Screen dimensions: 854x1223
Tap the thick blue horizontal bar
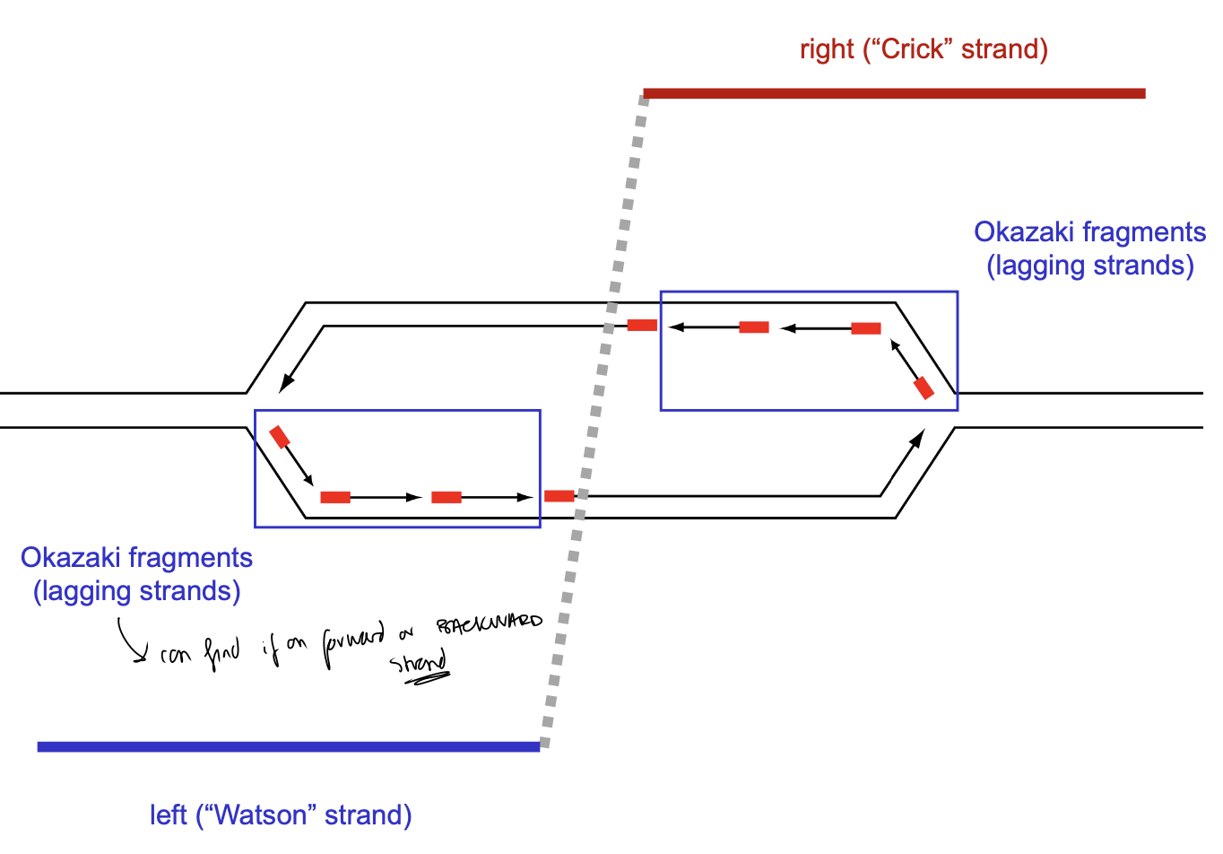pyautogui.click(x=288, y=746)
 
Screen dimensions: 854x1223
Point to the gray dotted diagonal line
pyautogui.click(x=592, y=422)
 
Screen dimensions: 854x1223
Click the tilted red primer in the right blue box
pyautogui.click(x=924, y=388)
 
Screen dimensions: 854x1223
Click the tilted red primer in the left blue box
pyautogui.click(x=280, y=437)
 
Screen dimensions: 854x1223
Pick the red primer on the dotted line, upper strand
pyautogui.click(x=642, y=325)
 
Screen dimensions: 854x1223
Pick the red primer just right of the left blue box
pyautogui.click(x=559, y=496)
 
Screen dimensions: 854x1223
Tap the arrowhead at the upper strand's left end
pyautogui.click(x=284, y=385)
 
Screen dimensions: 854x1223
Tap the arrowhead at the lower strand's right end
pyautogui.click(x=918, y=436)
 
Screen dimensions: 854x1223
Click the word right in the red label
pyautogui.click(x=827, y=49)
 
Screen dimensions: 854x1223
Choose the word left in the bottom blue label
pyautogui.click(x=168, y=815)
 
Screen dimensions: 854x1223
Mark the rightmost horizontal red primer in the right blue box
pyautogui.click(x=865, y=328)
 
